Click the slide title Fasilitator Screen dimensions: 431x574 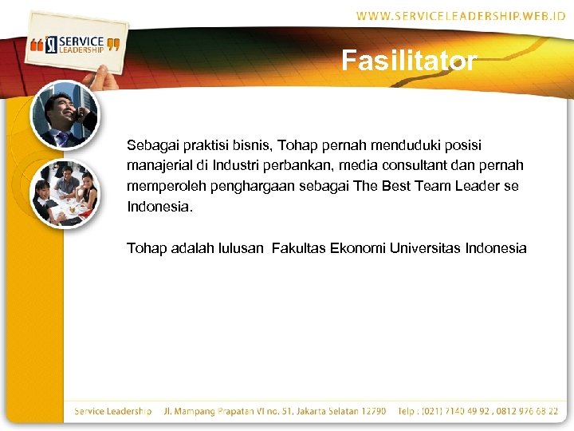(409, 61)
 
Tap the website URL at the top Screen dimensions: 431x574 (461, 16)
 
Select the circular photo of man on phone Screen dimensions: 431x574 (65, 115)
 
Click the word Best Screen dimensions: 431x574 (383, 186)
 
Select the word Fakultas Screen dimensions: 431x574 (299, 248)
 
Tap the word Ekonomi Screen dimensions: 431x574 (359, 248)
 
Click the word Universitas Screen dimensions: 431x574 (428, 248)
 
